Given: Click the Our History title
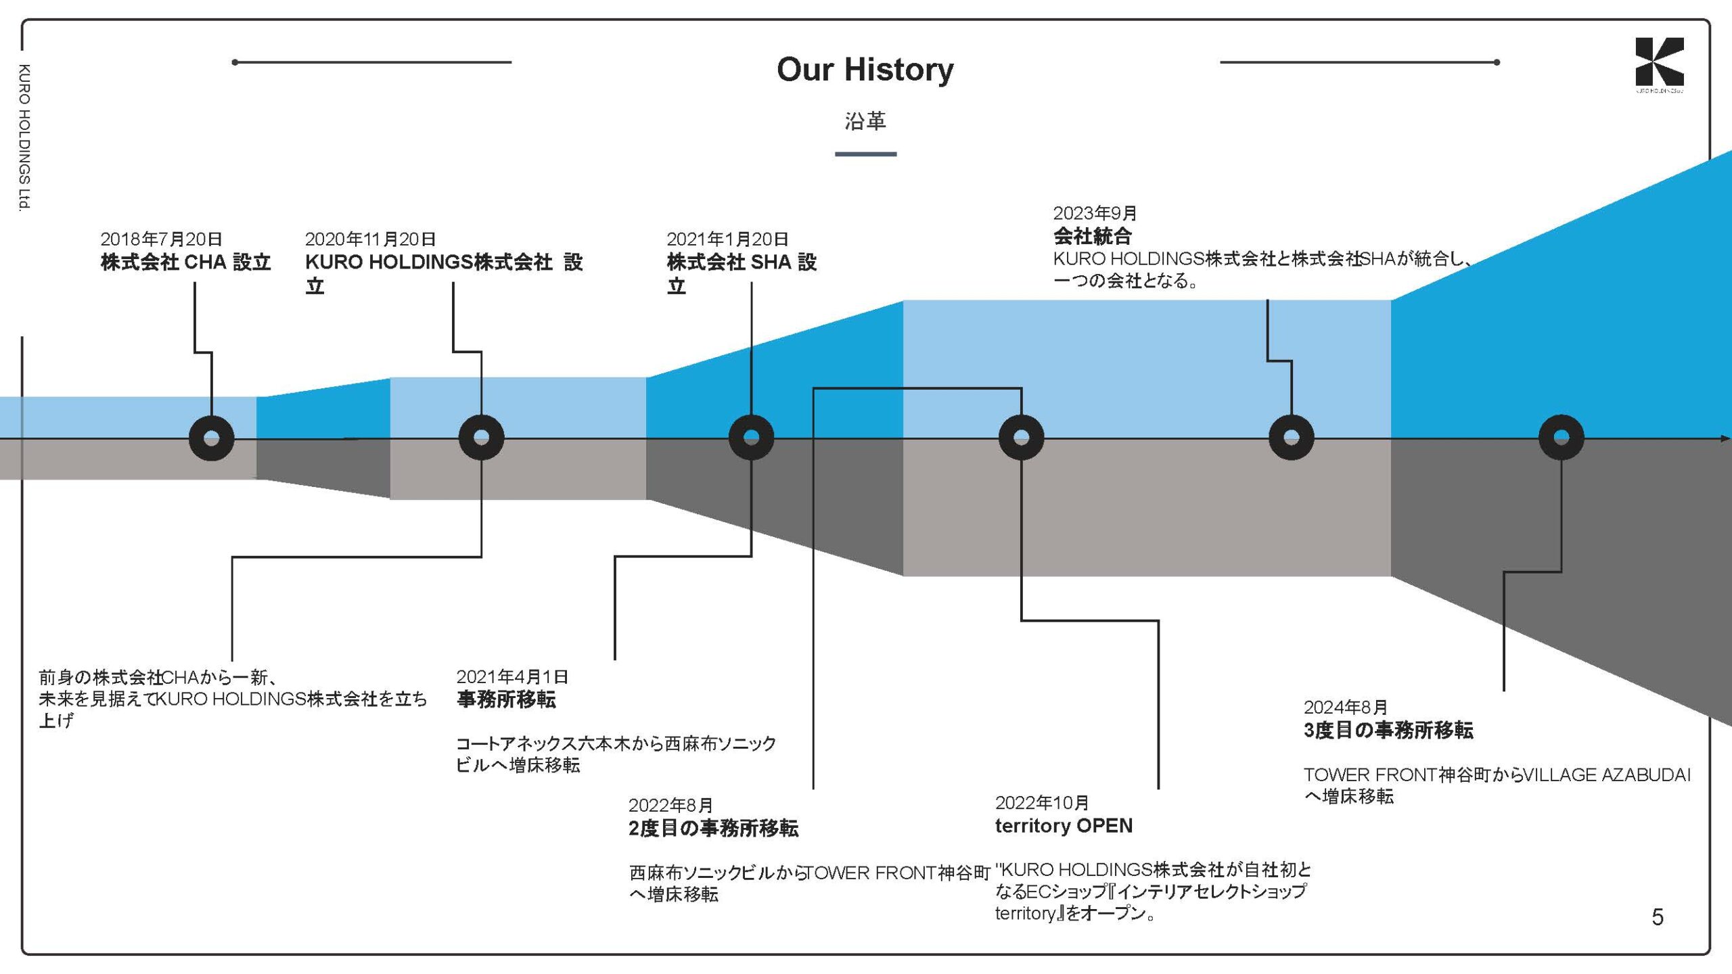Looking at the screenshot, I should pos(865,70).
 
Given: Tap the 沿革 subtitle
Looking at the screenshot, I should pos(865,121).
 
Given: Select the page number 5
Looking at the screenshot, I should pos(1657,917).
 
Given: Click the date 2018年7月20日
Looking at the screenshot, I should pos(161,239).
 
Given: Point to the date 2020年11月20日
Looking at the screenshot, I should pos(370,239).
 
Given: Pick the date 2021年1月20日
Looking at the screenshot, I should pos(727,239).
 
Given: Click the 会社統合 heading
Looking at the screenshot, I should pos(1092,236).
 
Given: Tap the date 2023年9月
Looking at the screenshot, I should pos(1095,213).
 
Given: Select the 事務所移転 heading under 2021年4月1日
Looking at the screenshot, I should pos(506,699).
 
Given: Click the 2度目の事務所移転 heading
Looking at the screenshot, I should pos(713,828).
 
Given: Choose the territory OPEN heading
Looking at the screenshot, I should pos(1064,826).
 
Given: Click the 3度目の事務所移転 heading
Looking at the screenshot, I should pos(1388,730).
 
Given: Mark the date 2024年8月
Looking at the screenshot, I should pos(1345,708).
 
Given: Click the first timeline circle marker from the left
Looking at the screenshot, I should pos(211,438).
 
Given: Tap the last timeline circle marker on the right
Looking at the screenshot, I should pos(1561,438).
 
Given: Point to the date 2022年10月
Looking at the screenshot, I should pos(1041,803).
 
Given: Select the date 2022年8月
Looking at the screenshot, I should pos(670,806).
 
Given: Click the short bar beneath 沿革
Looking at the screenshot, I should pos(865,154).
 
